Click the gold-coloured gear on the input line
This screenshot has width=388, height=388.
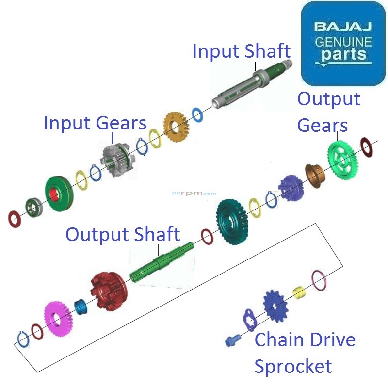click(x=176, y=126)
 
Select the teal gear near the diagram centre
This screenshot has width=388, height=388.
click(x=232, y=221)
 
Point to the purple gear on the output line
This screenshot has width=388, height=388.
click(x=291, y=187)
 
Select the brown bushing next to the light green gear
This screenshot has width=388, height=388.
click(x=314, y=176)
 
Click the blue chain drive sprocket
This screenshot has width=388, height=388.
click(x=275, y=307)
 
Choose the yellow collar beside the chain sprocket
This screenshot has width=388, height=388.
click(x=300, y=292)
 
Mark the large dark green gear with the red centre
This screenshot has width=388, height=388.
click(x=58, y=194)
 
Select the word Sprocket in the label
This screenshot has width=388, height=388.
click(x=293, y=366)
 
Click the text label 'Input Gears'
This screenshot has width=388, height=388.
click(x=95, y=123)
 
